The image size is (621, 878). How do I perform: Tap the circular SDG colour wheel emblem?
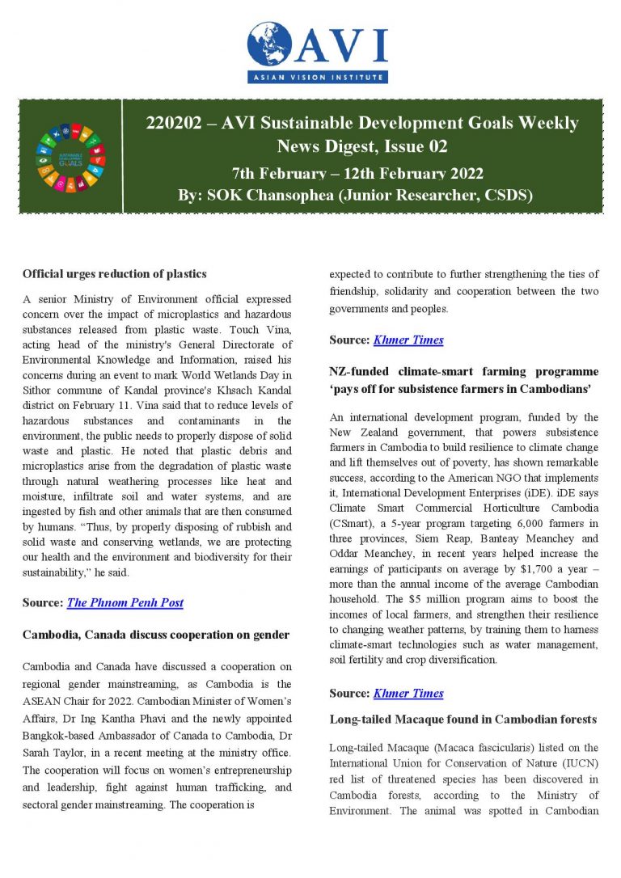pos(71,156)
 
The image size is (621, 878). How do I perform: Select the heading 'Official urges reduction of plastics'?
pos(115,274)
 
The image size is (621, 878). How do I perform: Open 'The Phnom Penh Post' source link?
pos(125,602)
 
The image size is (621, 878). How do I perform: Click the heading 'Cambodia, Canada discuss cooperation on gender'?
pos(156,635)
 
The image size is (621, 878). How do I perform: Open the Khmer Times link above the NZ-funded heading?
pos(408,340)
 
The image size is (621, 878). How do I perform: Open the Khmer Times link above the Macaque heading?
pos(408,694)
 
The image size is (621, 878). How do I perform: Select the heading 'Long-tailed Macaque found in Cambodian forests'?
pos(463,719)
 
